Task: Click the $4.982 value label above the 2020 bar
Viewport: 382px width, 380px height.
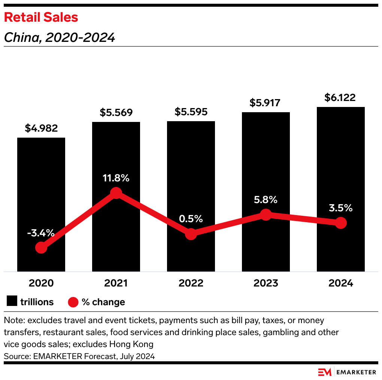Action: pos(41,128)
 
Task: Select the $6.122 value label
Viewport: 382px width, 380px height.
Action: pos(340,98)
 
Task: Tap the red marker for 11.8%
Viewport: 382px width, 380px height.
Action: pos(116,193)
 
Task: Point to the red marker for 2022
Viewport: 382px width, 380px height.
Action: pos(191,234)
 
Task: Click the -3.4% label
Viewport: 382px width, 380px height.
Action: pos(41,234)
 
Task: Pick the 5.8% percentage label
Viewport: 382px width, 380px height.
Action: pos(266,200)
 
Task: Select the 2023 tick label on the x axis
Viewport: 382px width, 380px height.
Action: pos(266,283)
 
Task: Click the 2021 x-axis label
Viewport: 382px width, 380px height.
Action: pos(116,283)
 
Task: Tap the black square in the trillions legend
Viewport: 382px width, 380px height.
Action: pos(12,301)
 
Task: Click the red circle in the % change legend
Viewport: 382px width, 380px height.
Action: pos(73,301)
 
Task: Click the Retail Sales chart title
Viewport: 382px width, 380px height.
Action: pos(41,17)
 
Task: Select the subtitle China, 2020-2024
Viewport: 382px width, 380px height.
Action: pos(59,37)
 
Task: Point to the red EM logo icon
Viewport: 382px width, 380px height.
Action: pos(325,372)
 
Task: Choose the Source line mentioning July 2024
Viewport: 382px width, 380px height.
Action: pos(79,356)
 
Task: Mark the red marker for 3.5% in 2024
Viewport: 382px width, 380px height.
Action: pos(340,223)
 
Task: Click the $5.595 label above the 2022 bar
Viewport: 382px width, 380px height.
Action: pos(191,112)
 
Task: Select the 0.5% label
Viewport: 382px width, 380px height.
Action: pos(191,219)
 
